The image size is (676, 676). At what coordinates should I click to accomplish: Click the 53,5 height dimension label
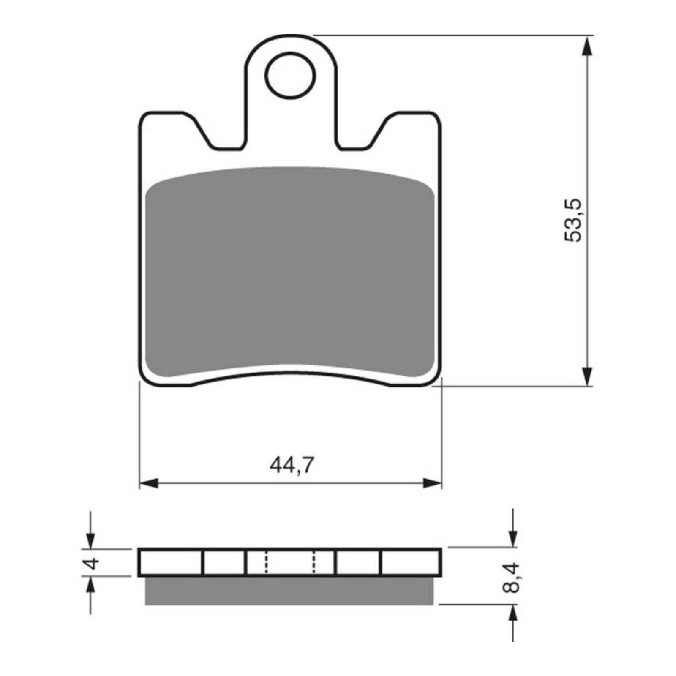[x=573, y=220]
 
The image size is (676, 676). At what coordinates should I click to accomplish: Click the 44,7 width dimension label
[x=292, y=466]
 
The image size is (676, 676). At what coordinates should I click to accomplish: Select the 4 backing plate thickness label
[x=92, y=563]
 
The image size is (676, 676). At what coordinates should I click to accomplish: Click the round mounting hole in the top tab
[x=290, y=76]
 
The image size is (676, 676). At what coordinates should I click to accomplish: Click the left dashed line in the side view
[x=266, y=562]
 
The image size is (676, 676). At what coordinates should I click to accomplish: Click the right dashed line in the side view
[x=314, y=562]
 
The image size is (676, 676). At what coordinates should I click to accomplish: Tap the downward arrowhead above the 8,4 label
[x=513, y=538]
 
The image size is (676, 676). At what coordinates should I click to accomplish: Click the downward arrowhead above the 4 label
[x=90, y=540]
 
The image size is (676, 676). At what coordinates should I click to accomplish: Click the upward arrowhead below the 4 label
[x=90, y=586]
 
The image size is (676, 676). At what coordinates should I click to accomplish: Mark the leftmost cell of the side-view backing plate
[x=171, y=562]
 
